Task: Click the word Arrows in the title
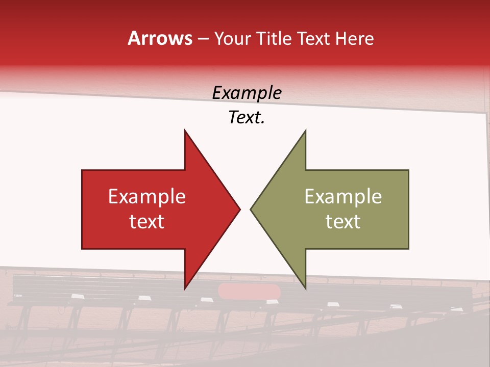[160, 38]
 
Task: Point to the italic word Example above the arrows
[247, 93]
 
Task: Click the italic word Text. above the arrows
[247, 118]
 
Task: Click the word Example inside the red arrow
[147, 197]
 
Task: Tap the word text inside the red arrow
[147, 222]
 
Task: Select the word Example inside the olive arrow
[343, 197]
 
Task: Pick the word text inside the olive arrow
[343, 222]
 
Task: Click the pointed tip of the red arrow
[240, 209]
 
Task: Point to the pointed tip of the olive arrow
[251, 209]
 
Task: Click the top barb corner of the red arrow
[185, 130]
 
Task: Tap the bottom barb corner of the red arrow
[185, 289]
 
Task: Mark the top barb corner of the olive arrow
[305, 130]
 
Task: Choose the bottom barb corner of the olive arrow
[305, 289]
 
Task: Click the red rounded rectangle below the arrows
[249, 292]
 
